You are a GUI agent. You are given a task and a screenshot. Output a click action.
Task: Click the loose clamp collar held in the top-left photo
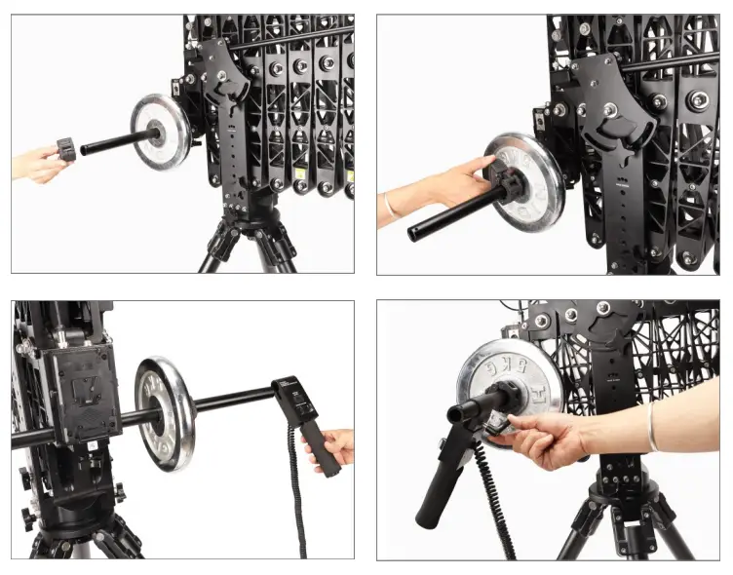[x=66, y=149]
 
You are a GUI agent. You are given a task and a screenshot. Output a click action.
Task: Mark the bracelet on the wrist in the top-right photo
[x=390, y=208]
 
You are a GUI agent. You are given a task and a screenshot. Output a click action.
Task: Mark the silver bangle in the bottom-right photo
[x=651, y=427]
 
